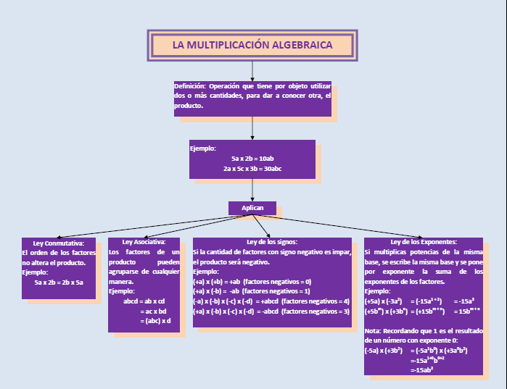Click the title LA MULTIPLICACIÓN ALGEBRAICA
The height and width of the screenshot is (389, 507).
[x=252, y=45]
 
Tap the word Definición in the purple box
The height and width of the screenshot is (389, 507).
[x=190, y=85]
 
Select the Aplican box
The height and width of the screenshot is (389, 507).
[x=252, y=208]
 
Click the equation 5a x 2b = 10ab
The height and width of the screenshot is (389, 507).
[x=252, y=158]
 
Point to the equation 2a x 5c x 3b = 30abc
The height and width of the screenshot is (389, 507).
[x=252, y=168]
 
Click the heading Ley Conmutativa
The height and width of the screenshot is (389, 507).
[x=59, y=243]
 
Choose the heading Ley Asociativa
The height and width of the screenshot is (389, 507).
[x=144, y=242]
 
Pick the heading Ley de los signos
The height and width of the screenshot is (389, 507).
[x=272, y=242]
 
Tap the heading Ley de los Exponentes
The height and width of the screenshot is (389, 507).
[x=424, y=242]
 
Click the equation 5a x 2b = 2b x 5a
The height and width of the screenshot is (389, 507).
[x=59, y=282]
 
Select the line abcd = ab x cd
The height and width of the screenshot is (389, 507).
[x=144, y=301]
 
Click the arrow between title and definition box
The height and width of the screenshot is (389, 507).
[x=252, y=70]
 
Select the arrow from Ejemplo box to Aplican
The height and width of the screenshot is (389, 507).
[x=252, y=189]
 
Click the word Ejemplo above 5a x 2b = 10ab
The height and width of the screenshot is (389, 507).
[x=203, y=149]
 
